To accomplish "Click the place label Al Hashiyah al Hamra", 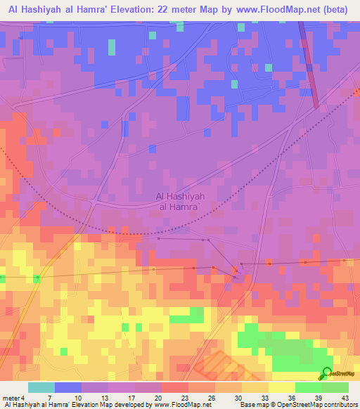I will click(180, 202).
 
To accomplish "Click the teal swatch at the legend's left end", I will click(41, 387).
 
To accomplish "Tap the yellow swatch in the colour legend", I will click(282, 387).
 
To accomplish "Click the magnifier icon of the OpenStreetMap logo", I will click(327, 373).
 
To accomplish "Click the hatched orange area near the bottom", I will click(214, 365).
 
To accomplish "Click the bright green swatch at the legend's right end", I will click(335, 387).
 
